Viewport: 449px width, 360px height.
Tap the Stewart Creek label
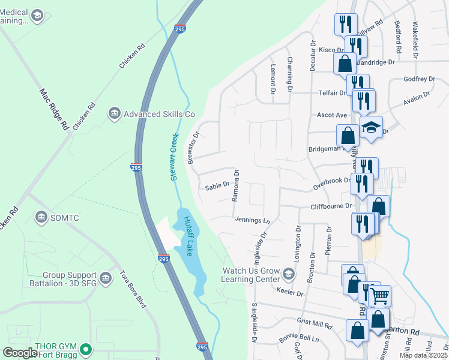pyautogui.click(x=175, y=157)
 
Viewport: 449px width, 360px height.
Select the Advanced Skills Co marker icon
pyautogui.click(x=114, y=113)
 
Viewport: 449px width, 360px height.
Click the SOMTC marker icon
pyautogui.click(x=41, y=217)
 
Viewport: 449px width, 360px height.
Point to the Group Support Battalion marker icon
pyautogui.click(x=106, y=277)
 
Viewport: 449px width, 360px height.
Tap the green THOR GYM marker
pyautogui.click(x=86, y=349)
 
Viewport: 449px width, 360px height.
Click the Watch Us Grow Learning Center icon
pyautogui.click(x=288, y=275)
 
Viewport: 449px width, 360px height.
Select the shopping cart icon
pyautogui.click(x=379, y=296)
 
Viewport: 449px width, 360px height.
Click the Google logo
pyautogui.click(x=19, y=353)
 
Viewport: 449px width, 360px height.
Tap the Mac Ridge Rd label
pyautogui.click(x=52, y=109)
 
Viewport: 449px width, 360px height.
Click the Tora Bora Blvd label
pyautogui.click(x=132, y=289)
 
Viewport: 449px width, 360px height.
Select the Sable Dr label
pyautogui.click(x=217, y=187)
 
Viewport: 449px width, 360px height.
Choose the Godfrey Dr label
pyautogui.click(x=419, y=79)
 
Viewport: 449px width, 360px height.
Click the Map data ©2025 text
pyautogui.click(x=423, y=355)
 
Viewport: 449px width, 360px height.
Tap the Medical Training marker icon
pyautogui.click(x=37, y=14)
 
